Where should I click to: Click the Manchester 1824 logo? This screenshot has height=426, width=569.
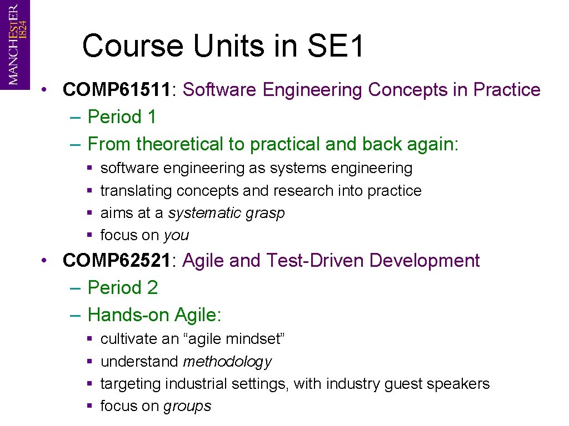(x=15, y=44)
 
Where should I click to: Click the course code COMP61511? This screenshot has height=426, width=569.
(x=116, y=90)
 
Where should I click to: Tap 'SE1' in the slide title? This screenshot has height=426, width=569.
(x=336, y=46)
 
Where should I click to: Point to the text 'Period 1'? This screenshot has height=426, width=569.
(x=122, y=117)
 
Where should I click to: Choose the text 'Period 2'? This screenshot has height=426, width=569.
(x=123, y=288)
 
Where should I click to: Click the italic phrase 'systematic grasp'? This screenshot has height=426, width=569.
(x=226, y=214)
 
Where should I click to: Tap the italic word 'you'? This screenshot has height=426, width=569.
(x=176, y=236)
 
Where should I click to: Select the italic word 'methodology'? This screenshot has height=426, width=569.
(x=227, y=362)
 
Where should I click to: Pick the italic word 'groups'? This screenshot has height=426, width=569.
(x=187, y=407)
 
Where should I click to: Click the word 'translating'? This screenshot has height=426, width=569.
(x=136, y=191)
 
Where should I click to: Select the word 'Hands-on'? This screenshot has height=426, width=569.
(x=129, y=315)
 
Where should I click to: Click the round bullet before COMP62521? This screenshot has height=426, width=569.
(x=51, y=261)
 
